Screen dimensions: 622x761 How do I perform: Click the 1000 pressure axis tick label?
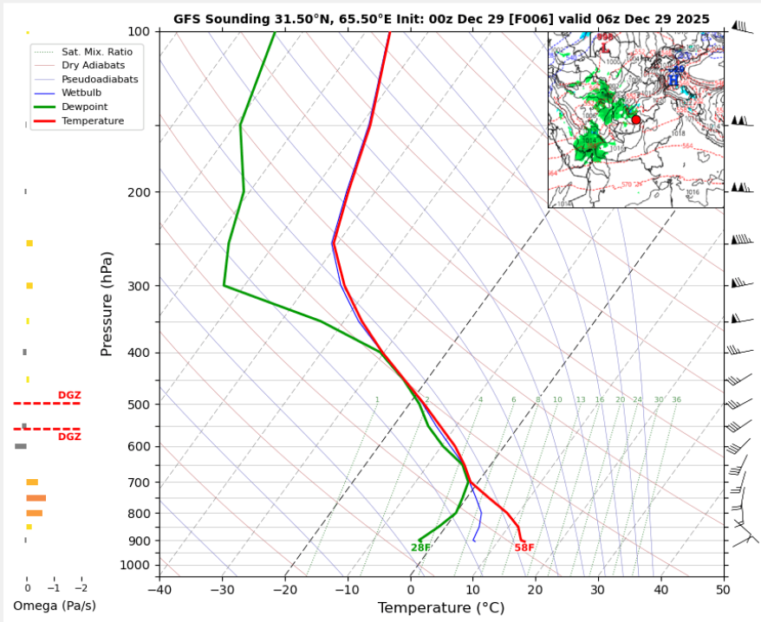tap(135, 566)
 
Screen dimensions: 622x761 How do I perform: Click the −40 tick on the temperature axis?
tap(159, 590)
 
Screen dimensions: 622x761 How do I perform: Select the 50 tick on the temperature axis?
tap(723, 590)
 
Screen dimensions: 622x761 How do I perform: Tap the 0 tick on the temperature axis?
tap(410, 590)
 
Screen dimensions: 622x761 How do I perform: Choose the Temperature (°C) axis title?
tap(440, 608)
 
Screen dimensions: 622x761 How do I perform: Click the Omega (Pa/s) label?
tap(55, 605)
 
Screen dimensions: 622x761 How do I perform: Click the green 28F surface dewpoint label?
tap(420, 547)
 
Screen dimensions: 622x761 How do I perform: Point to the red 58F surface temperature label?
tap(524, 547)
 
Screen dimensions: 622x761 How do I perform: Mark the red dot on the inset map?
tap(636, 120)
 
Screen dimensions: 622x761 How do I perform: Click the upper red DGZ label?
tap(69, 395)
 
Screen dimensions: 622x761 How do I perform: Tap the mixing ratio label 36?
tap(676, 399)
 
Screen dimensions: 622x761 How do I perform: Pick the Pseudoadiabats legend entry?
tap(100, 79)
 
